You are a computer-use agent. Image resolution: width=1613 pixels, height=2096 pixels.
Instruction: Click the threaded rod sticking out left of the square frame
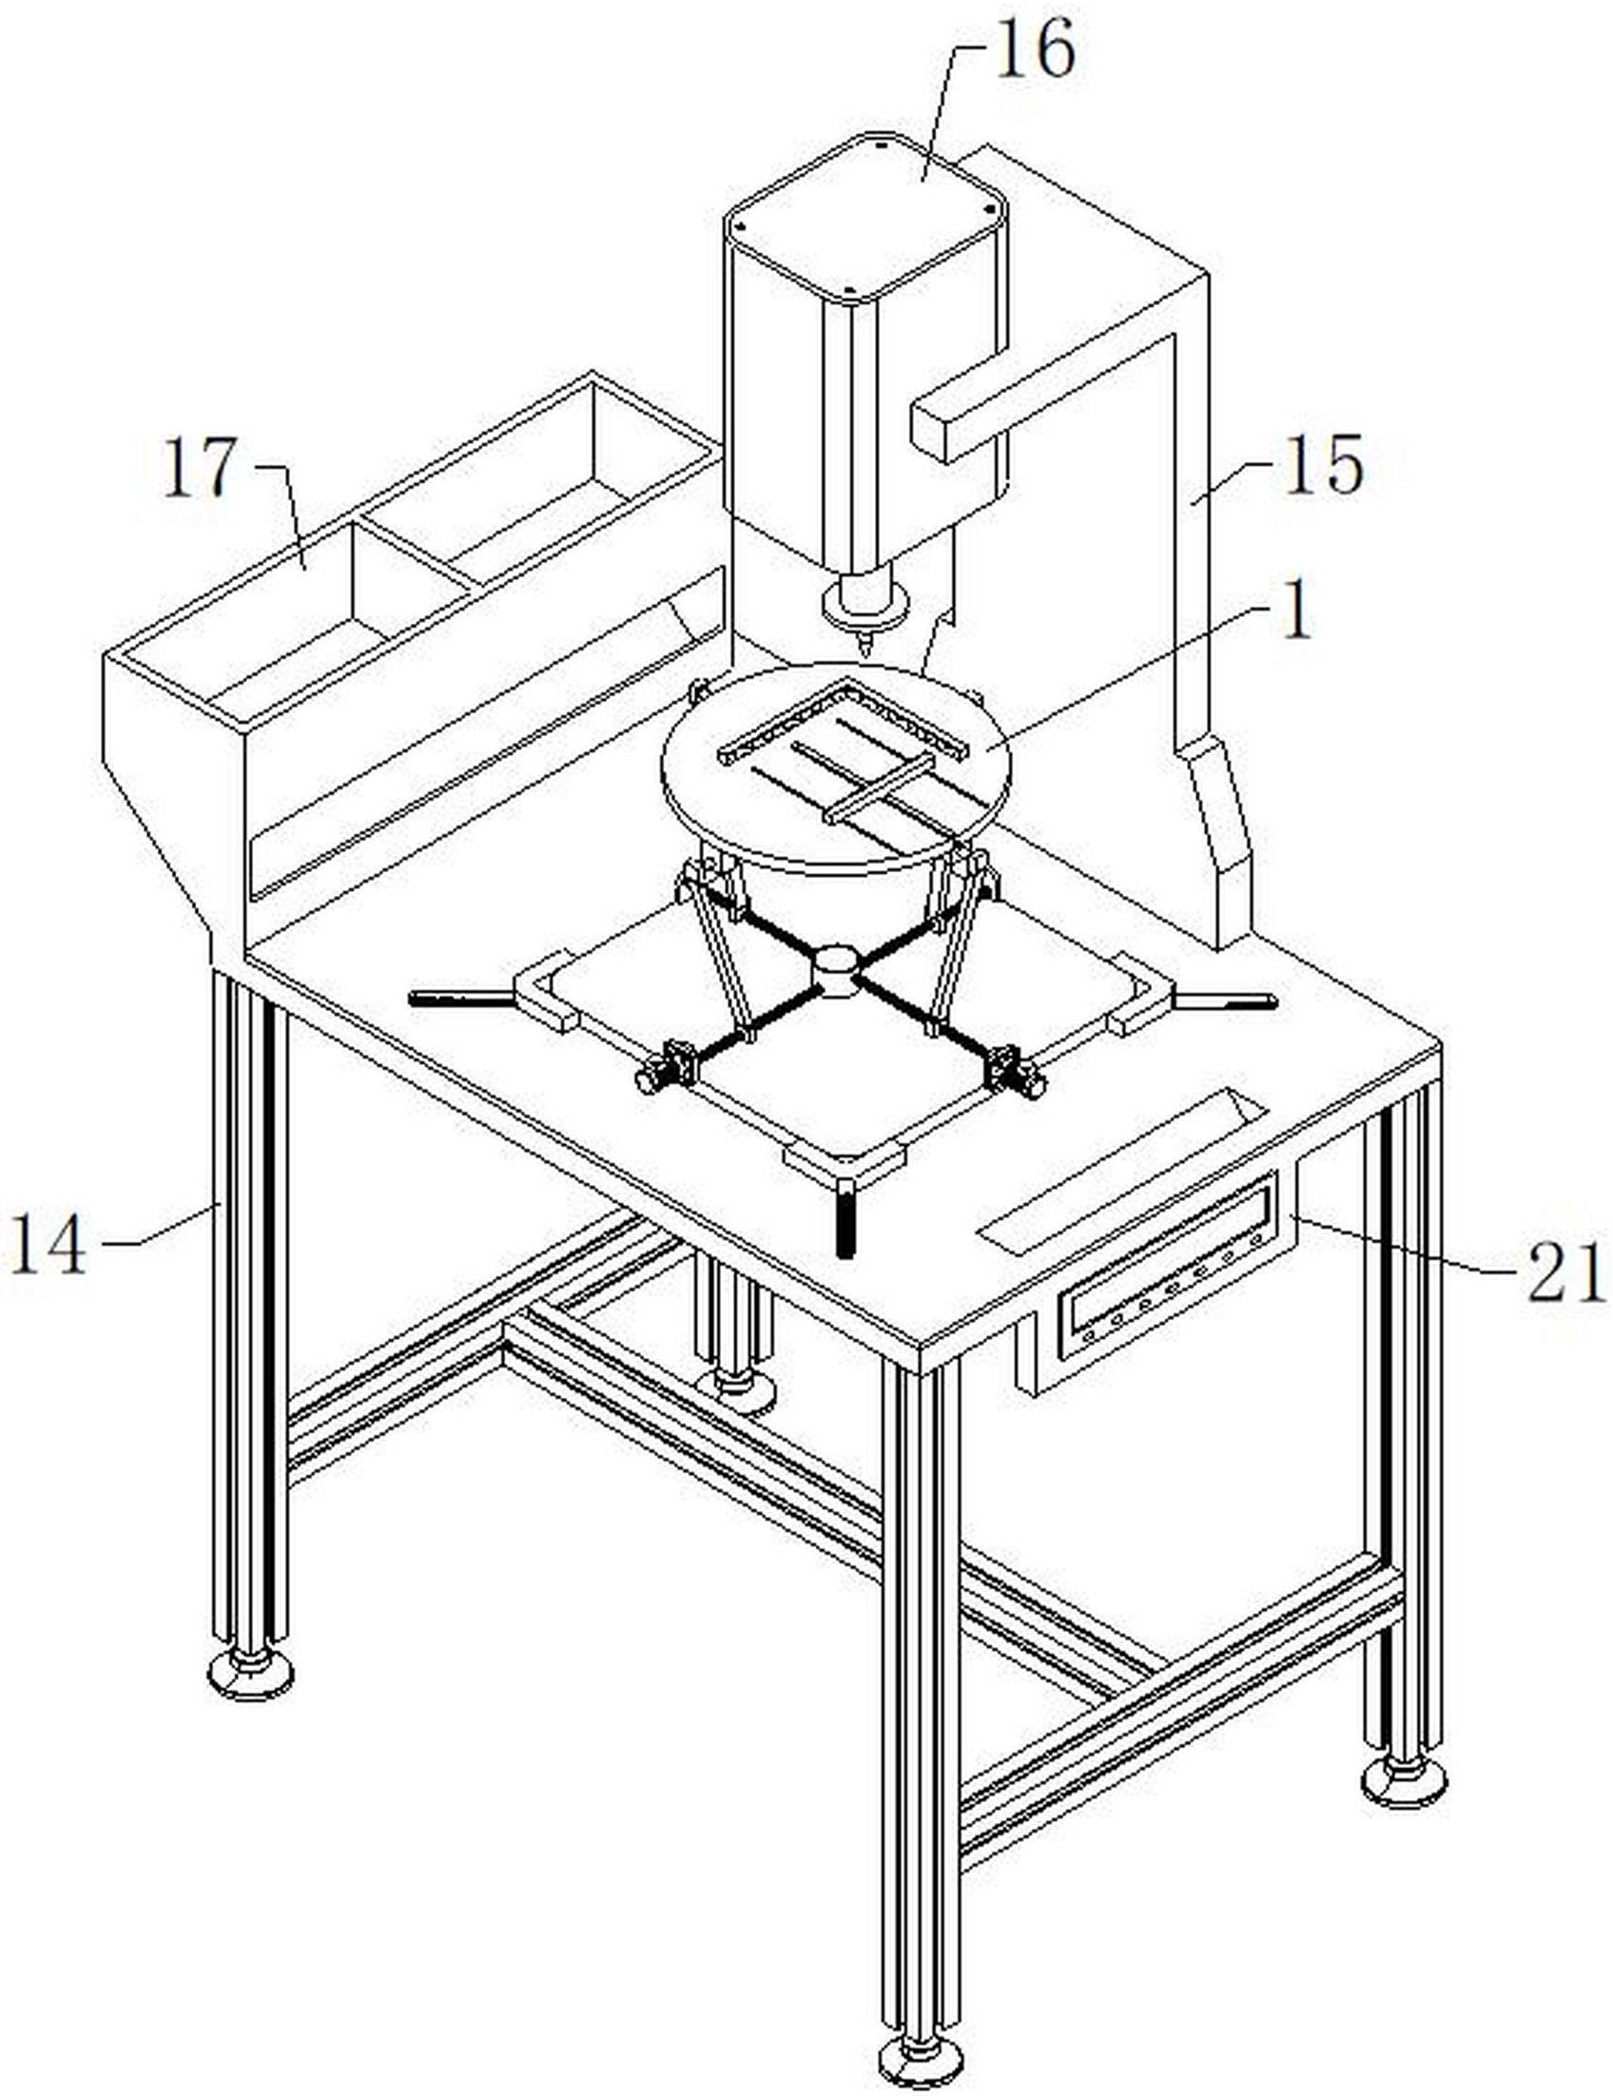(x=459, y=999)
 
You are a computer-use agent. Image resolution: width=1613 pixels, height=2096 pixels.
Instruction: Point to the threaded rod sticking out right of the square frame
(x=1228, y=1001)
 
